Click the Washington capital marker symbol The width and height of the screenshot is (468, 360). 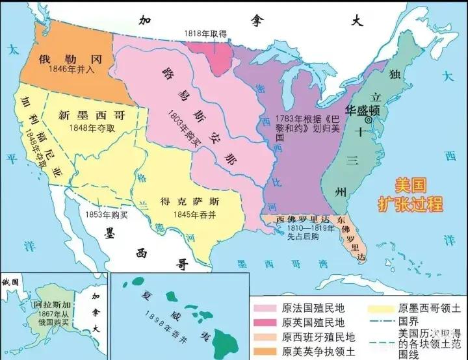(x=369, y=120)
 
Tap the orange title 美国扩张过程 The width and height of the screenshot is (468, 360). (x=409, y=194)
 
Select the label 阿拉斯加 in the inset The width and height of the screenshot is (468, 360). (x=48, y=305)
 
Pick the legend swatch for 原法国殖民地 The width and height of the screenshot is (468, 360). (x=265, y=307)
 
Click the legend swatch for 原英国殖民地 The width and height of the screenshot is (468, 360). (x=265, y=322)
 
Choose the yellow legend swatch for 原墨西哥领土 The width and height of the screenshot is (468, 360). (x=380, y=307)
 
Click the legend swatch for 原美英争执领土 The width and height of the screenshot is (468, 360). (x=265, y=352)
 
